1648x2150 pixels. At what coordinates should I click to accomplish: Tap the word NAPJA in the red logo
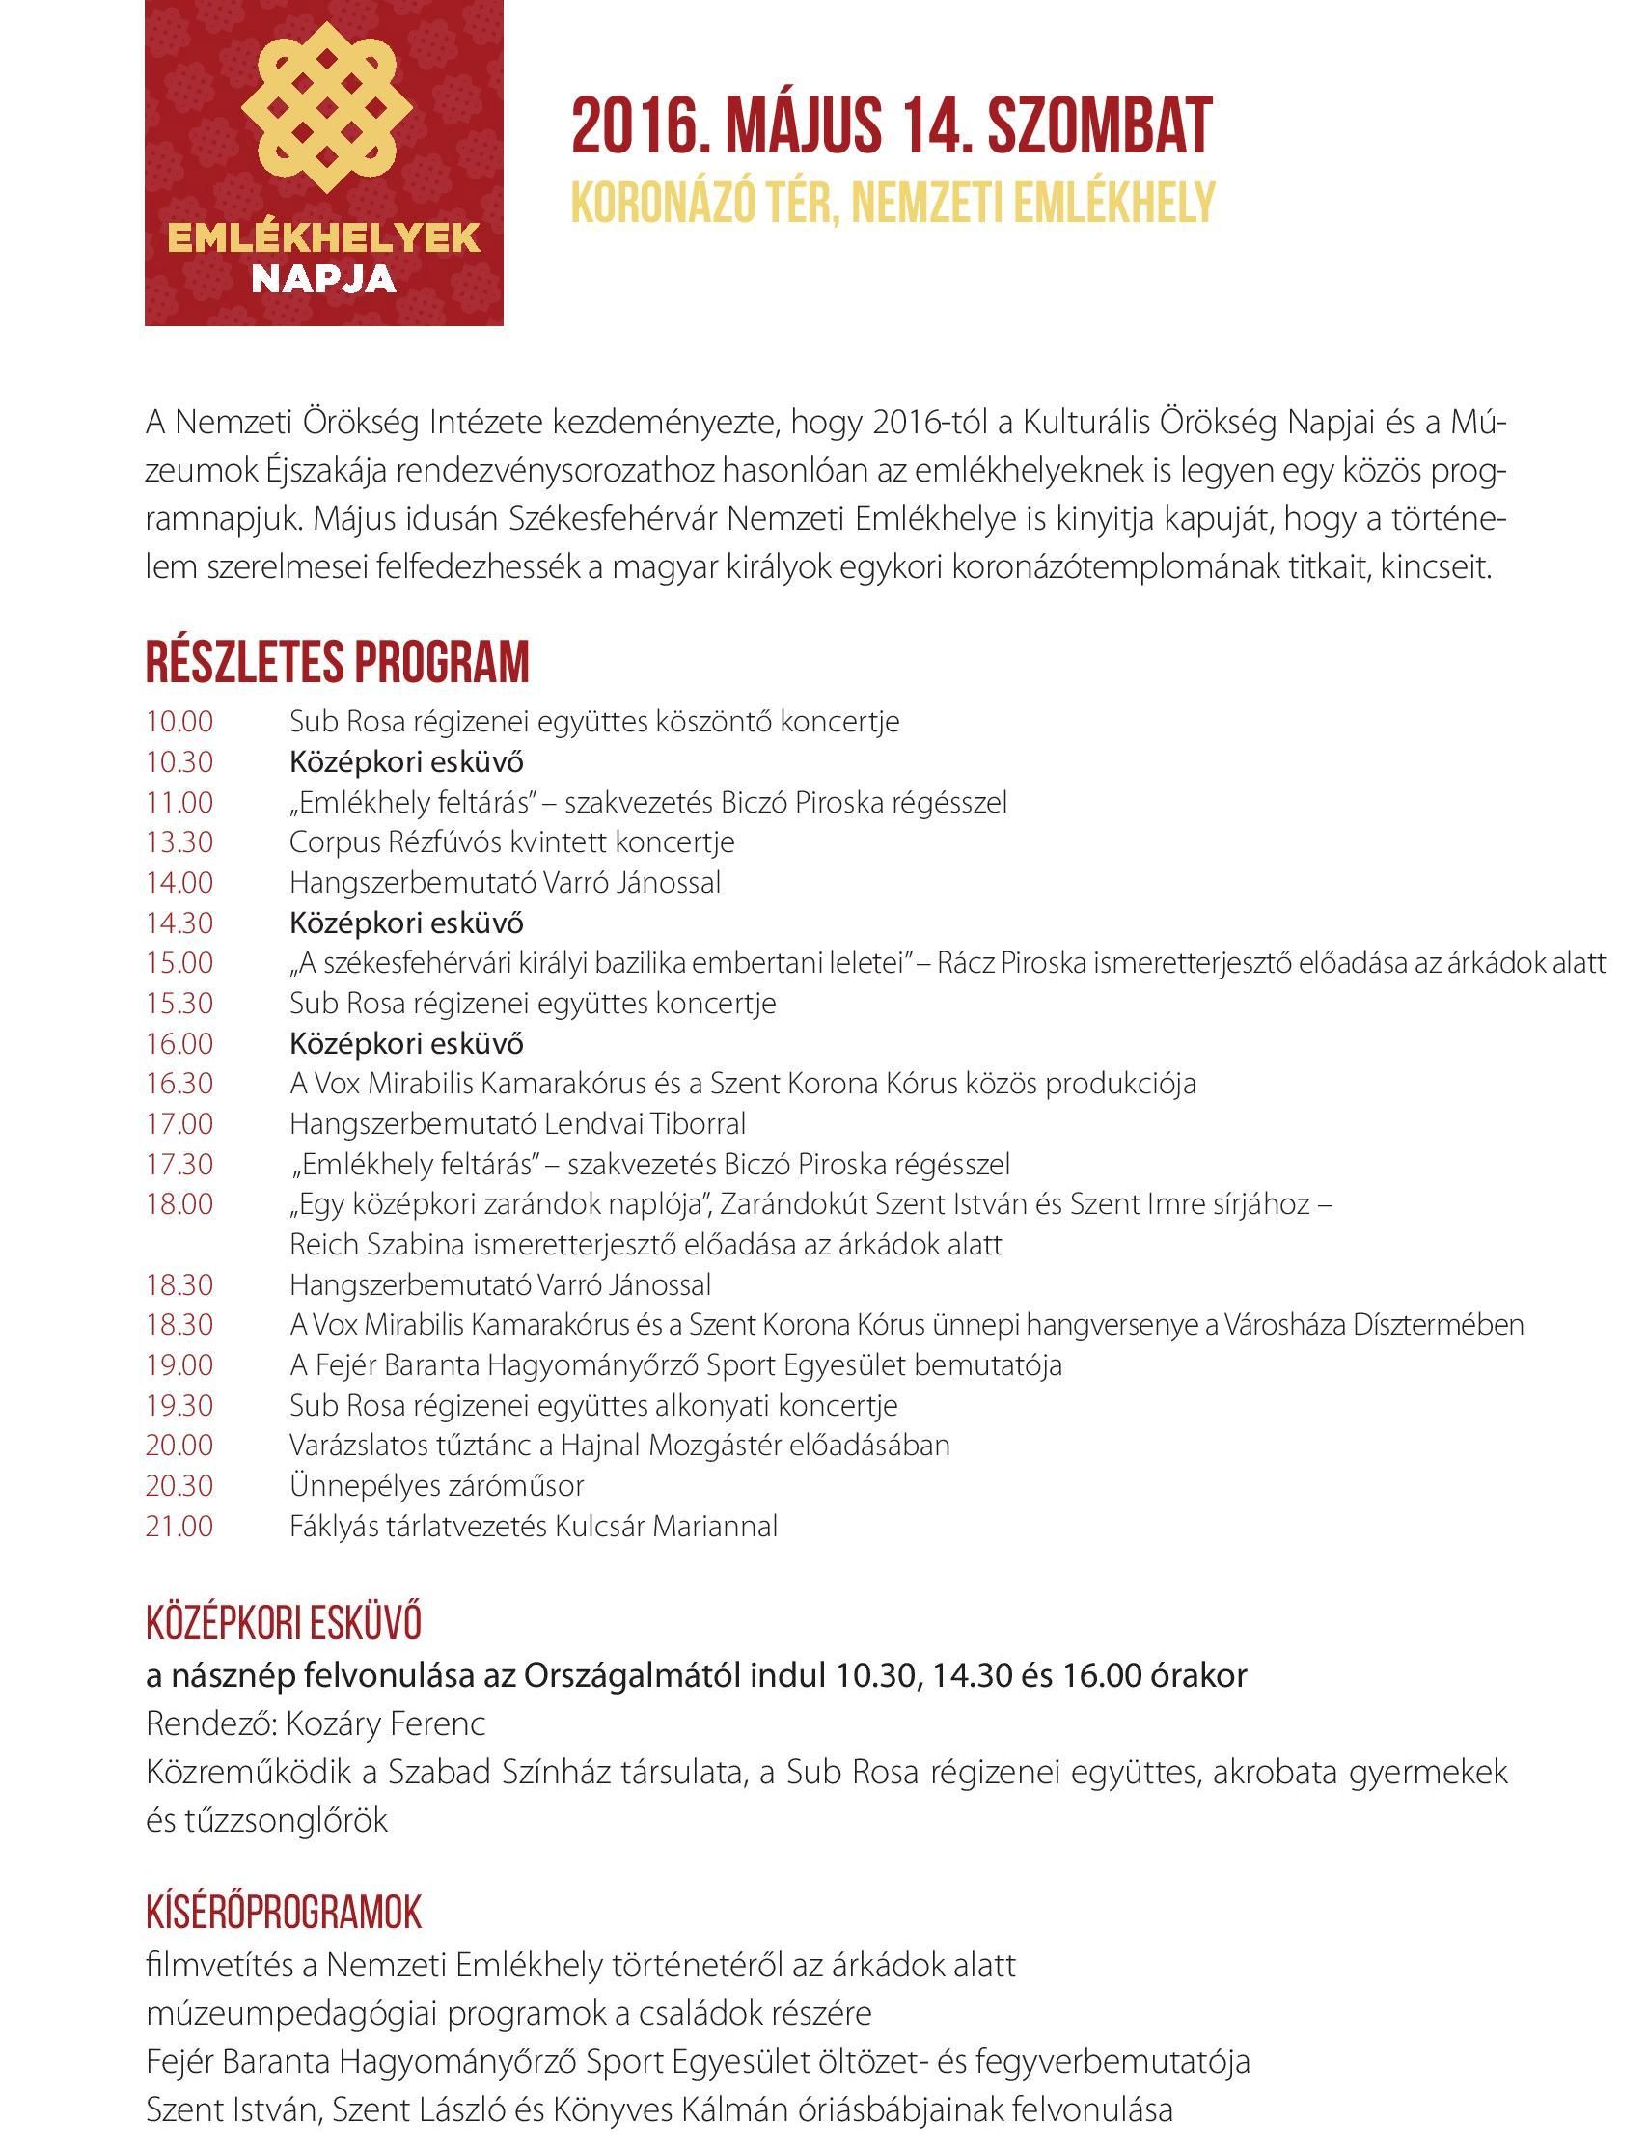[x=324, y=279]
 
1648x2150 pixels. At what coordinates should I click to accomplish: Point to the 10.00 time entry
[x=179, y=722]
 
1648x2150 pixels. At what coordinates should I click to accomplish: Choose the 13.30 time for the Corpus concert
[x=179, y=842]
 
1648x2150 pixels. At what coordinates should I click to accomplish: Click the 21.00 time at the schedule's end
[x=179, y=1527]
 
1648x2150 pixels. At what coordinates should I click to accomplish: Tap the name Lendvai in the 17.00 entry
[x=585, y=1123]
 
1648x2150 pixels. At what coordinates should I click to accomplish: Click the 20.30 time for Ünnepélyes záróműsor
[x=179, y=1486]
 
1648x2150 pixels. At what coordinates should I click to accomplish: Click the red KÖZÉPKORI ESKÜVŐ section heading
[x=284, y=1623]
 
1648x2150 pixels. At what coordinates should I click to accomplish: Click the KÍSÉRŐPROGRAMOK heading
[x=284, y=1913]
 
